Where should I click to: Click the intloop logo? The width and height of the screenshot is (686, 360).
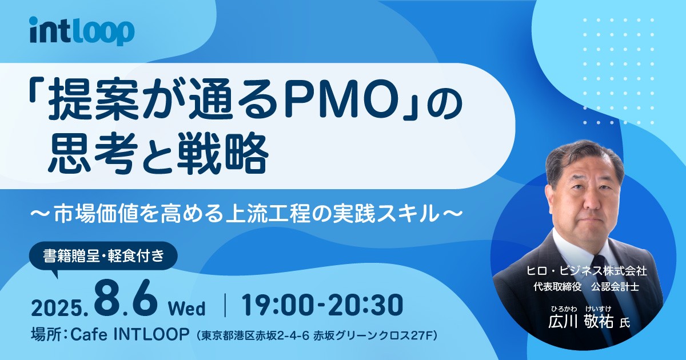tap(82, 31)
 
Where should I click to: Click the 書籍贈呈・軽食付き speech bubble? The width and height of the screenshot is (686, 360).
tap(103, 256)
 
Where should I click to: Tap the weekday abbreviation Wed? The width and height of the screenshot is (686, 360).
tap(187, 308)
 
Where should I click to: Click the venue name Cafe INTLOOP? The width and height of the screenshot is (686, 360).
tap(130, 335)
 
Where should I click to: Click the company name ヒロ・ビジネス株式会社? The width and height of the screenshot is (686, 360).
tap(587, 271)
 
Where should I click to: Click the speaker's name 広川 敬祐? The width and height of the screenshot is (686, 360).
tap(581, 322)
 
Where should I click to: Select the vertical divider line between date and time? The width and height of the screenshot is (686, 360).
tap(225, 305)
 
